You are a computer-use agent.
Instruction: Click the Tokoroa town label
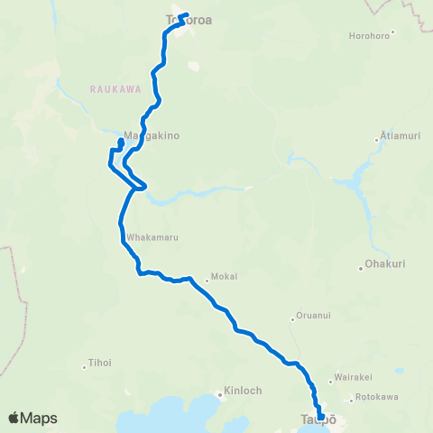tap(188, 19)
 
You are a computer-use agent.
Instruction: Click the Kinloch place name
tap(240, 393)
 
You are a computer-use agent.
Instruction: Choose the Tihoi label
tap(99, 364)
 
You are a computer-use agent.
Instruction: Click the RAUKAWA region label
tap(111, 89)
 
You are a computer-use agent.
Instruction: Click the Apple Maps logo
tap(32, 418)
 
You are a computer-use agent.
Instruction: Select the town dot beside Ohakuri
tap(360, 268)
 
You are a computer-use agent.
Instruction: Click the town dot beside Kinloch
tap(218, 393)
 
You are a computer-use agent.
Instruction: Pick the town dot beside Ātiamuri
tap(377, 139)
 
